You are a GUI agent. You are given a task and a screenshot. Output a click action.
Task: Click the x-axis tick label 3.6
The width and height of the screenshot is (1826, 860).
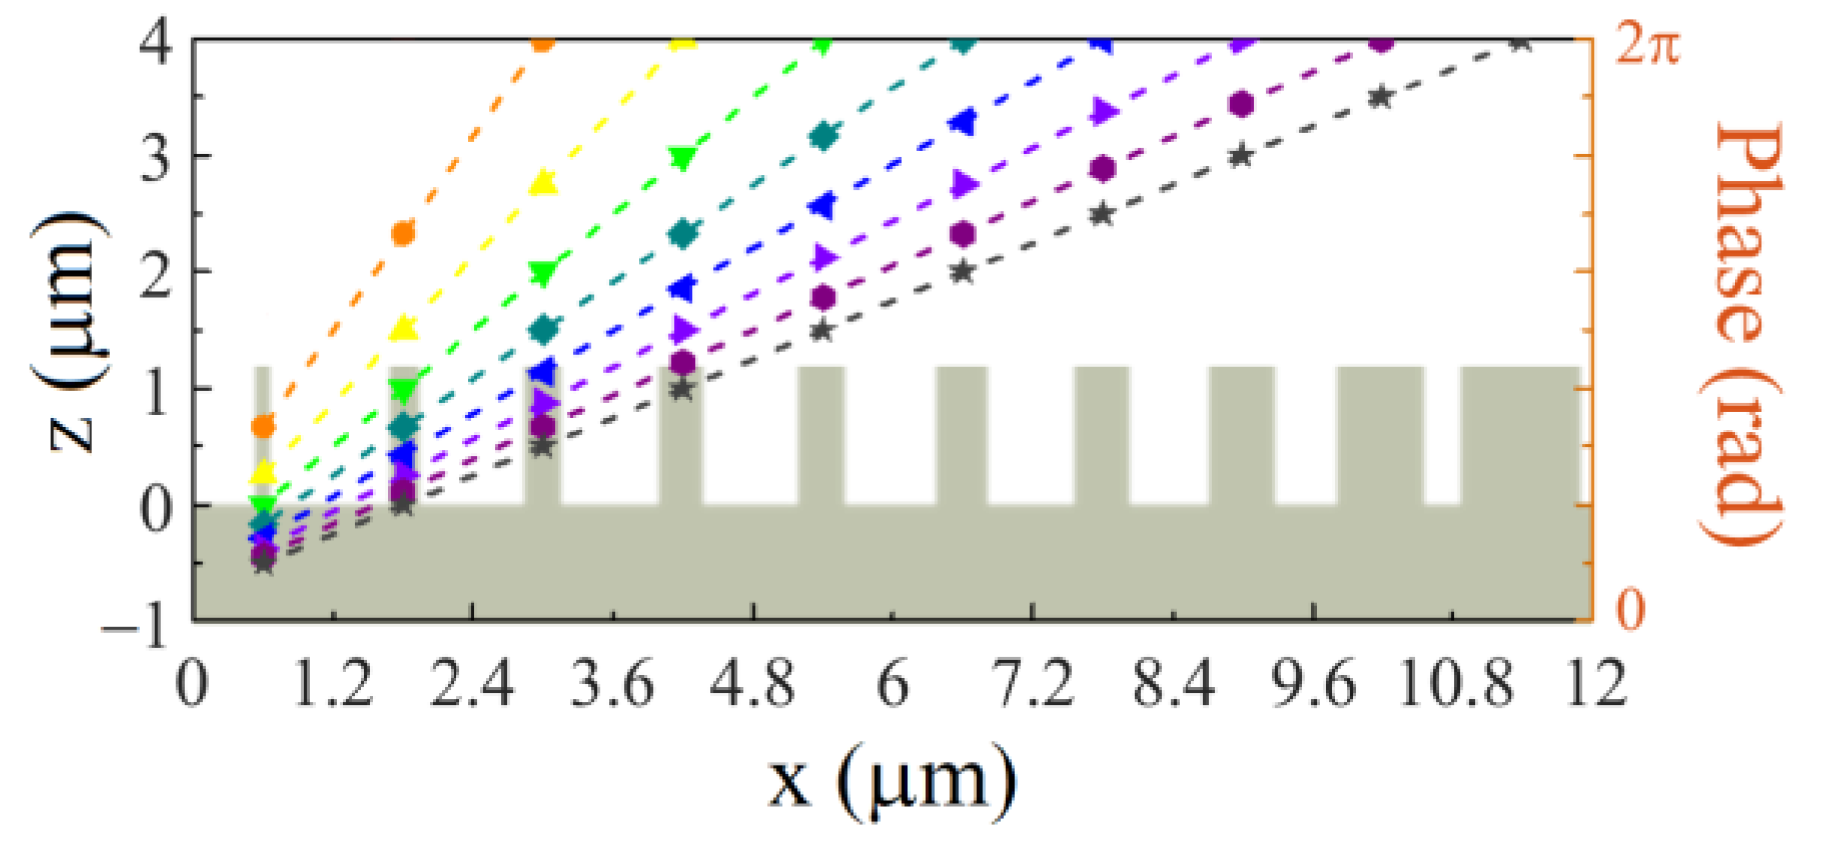click(612, 685)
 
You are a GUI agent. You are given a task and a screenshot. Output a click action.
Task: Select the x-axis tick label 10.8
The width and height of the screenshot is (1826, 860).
click(1455, 685)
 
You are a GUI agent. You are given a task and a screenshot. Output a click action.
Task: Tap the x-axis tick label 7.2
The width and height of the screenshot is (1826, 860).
click(1033, 685)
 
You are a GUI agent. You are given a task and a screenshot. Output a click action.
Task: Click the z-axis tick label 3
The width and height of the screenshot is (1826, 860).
click(155, 157)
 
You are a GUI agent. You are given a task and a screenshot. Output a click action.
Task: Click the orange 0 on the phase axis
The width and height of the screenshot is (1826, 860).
click(1629, 608)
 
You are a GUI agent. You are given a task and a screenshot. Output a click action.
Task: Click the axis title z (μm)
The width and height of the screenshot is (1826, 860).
click(71, 330)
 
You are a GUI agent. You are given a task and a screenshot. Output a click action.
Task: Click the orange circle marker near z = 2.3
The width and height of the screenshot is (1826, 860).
click(403, 234)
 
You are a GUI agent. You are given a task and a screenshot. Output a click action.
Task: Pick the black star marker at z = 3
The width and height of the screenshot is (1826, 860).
click(1241, 156)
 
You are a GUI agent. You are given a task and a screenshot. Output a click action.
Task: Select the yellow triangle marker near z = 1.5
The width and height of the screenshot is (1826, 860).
click(403, 328)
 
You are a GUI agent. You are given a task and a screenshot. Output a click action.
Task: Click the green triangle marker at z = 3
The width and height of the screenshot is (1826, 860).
click(682, 158)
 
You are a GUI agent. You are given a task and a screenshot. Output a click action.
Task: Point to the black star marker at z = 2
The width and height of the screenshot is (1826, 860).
click(962, 271)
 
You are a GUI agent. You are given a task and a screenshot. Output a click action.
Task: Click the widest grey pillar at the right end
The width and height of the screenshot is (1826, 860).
click(1520, 435)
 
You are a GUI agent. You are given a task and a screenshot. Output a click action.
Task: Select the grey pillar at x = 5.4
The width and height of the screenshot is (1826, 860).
click(822, 435)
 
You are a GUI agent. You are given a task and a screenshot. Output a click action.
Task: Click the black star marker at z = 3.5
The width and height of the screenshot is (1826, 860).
click(1380, 97)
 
